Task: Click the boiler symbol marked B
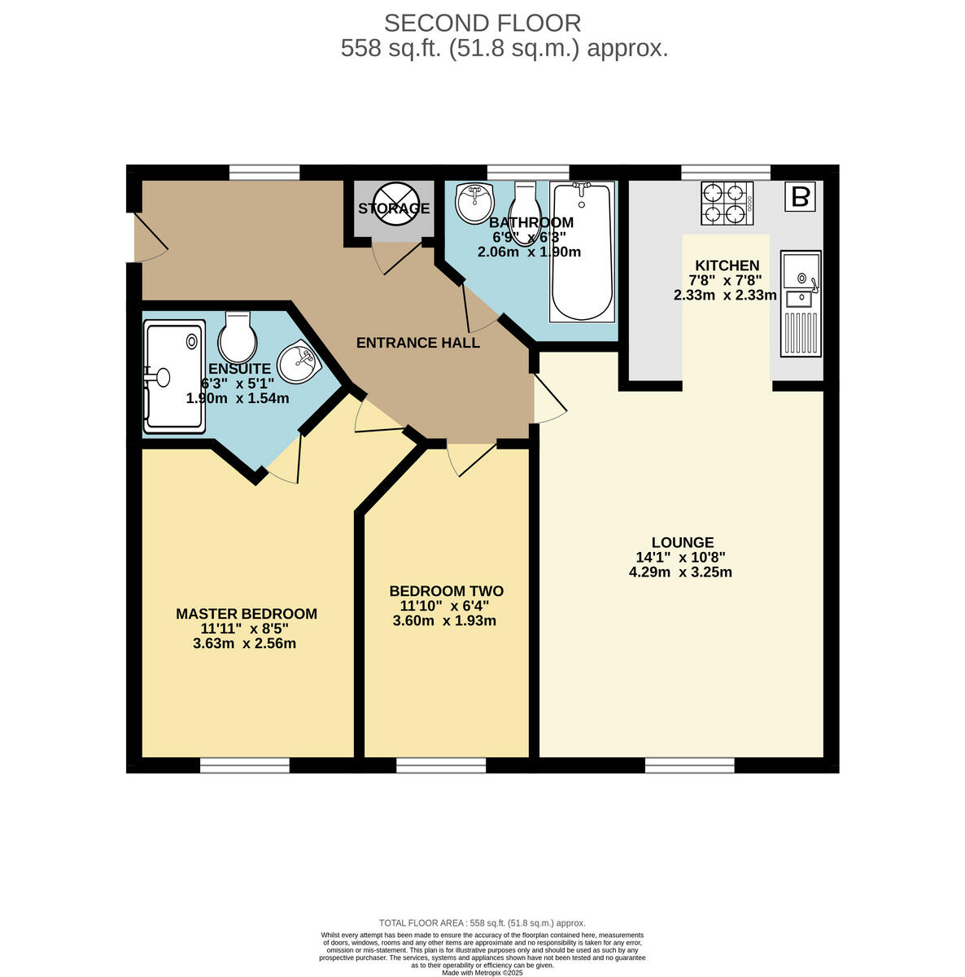click(801, 197)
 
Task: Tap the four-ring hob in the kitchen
click(726, 203)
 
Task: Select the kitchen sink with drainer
click(801, 304)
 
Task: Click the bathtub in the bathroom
click(582, 252)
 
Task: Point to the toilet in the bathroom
click(526, 202)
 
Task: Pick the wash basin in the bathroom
click(474, 202)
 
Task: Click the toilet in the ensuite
click(238, 338)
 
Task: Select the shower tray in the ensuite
click(172, 376)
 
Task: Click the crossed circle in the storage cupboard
click(394, 203)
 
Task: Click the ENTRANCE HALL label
click(418, 343)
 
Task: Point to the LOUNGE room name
click(682, 542)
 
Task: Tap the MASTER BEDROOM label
click(247, 614)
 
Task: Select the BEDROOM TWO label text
click(446, 591)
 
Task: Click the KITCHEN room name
click(727, 265)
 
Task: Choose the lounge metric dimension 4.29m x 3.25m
click(680, 572)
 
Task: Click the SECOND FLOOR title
click(483, 23)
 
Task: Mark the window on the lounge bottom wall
click(689, 765)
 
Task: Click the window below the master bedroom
click(245, 765)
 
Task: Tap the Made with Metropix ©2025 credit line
click(483, 972)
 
